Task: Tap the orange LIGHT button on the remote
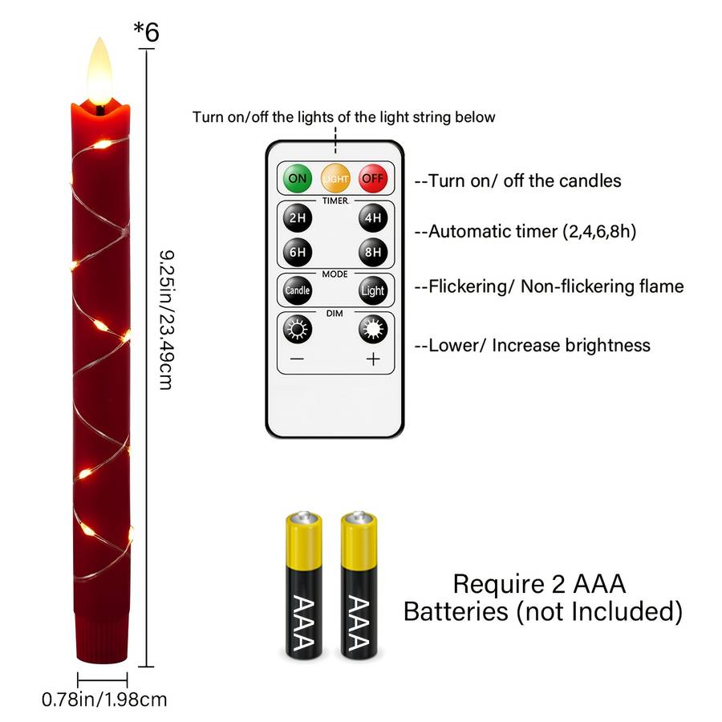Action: tap(335, 178)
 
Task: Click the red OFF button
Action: tap(373, 178)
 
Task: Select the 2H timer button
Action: tap(298, 217)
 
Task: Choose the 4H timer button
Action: tap(373, 217)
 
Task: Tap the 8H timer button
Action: tap(373, 253)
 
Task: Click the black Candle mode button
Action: tap(298, 290)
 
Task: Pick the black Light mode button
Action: tap(373, 290)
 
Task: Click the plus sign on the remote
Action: tap(373, 359)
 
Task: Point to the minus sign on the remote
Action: tap(298, 359)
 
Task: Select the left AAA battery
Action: tap(303, 585)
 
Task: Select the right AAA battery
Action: tap(359, 585)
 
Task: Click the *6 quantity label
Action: tap(147, 32)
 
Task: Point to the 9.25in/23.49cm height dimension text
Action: tap(166, 320)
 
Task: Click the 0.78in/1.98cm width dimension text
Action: tap(104, 700)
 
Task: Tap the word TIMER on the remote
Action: tap(335, 201)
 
